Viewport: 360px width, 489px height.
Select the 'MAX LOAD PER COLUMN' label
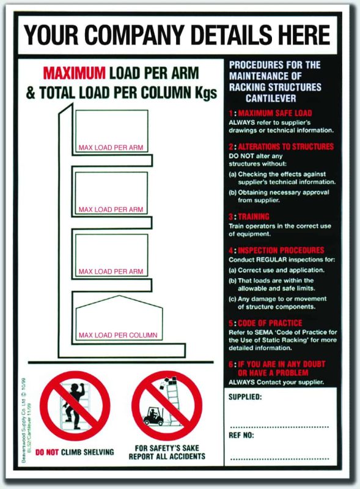(x=117, y=335)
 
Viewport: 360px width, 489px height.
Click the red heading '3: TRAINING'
(x=249, y=217)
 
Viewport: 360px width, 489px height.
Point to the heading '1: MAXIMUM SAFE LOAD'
(x=270, y=114)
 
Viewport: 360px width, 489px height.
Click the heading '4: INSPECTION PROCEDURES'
(x=276, y=251)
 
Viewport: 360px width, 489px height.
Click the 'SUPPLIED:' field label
(x=246, y=397)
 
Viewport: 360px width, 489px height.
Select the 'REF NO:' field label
(x=241, y=435)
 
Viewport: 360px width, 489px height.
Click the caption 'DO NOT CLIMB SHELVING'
(x=74, y=452)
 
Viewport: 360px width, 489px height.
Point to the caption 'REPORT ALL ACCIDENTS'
(x=167, y=457)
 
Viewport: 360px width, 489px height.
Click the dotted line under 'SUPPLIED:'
(x=279, y=426)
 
